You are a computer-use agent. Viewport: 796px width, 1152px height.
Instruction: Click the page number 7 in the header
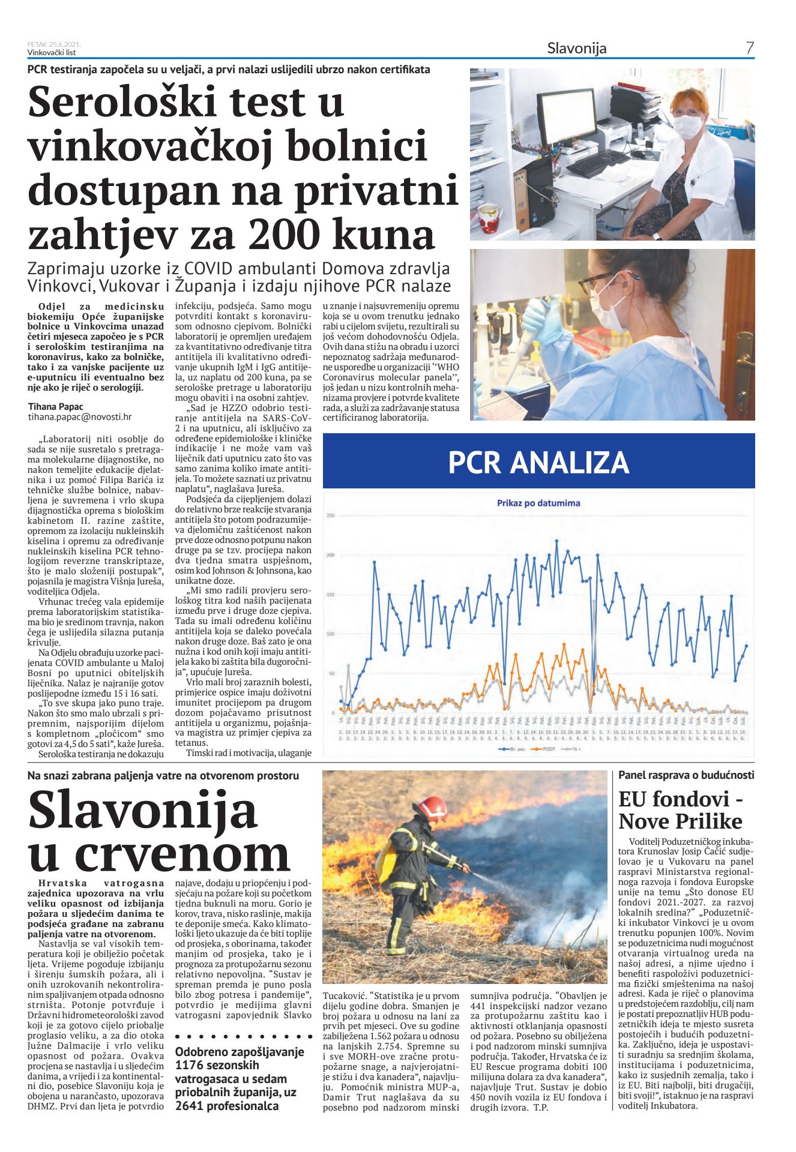[749, 48]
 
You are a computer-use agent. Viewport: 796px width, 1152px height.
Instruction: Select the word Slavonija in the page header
[576, 49]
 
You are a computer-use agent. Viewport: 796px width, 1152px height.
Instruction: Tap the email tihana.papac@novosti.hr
[80, 416]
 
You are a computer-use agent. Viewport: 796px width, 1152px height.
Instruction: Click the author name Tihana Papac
[56, 406]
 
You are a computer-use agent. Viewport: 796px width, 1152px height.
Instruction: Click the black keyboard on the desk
[597, 162]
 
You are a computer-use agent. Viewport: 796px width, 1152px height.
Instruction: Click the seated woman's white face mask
[687, 127]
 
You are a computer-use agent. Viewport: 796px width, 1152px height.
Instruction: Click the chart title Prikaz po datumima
[538, 503]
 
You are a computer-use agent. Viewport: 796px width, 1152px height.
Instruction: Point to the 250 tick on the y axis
[330, 516]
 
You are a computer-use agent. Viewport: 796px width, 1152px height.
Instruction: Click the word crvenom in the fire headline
[182, 853]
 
